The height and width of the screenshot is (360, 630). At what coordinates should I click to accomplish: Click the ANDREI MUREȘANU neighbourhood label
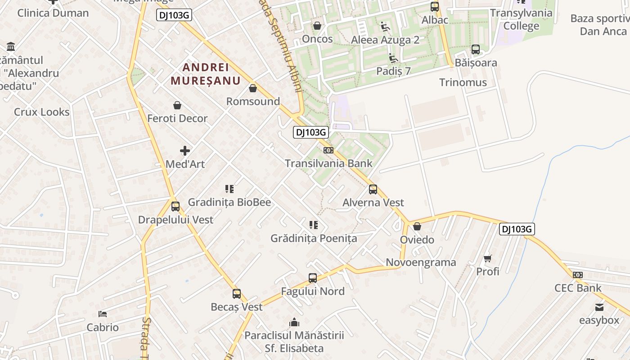205,74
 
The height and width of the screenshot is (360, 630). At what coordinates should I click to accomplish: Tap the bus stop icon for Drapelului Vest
175,207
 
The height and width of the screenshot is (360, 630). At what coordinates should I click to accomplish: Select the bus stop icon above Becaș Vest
237,294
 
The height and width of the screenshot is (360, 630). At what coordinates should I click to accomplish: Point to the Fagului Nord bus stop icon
313,278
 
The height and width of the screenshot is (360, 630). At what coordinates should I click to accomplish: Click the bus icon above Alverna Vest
373,189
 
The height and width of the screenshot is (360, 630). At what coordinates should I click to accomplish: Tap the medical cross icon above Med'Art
185,151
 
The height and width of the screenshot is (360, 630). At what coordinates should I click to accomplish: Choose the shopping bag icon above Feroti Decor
177,105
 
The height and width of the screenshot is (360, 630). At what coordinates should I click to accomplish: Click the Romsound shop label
253,101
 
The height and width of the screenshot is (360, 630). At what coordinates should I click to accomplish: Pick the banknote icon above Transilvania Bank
328,150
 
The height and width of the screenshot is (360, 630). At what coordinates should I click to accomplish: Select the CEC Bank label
578,288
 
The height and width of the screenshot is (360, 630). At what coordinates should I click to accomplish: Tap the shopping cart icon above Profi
488,258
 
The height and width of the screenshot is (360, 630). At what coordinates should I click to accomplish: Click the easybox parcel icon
599,307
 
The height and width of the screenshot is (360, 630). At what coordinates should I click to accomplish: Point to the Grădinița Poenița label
314,238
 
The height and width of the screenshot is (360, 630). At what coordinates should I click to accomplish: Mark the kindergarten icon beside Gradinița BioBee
229,189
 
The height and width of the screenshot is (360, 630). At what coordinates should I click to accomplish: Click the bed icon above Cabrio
103,314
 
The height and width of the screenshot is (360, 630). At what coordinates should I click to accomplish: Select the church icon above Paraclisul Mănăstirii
294,322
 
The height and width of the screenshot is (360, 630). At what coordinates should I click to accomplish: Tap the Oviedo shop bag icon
417,226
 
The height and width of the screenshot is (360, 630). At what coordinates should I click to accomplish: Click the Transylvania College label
521,19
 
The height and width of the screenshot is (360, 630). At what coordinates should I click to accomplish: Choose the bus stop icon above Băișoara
476,49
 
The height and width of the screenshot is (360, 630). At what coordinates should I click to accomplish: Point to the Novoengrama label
421,262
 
